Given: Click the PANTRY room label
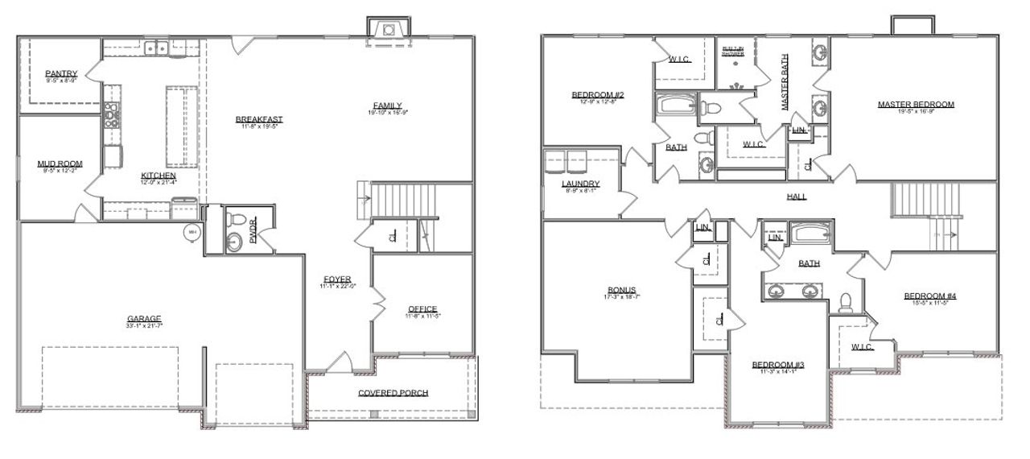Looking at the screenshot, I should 61,74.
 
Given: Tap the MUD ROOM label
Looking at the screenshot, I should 60,164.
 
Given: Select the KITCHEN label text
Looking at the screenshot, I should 159,176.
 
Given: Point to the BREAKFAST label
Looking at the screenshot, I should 259,120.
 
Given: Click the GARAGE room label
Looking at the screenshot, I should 144,318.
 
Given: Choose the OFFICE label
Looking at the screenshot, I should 422,309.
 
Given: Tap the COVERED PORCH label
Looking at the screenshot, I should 393,393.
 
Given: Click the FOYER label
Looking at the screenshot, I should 337,280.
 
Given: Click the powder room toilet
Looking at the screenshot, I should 237,218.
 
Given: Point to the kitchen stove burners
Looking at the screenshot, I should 111,115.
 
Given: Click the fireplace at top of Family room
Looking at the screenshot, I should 389,30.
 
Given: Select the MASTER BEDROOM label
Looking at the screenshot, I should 916,105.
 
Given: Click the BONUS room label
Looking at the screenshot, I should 622,290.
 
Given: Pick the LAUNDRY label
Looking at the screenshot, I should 581,184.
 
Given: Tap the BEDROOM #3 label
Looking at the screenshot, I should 778,365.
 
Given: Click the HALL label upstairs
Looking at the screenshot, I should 797,196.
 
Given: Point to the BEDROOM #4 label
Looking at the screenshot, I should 930,296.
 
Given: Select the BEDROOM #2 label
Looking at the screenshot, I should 598,95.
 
